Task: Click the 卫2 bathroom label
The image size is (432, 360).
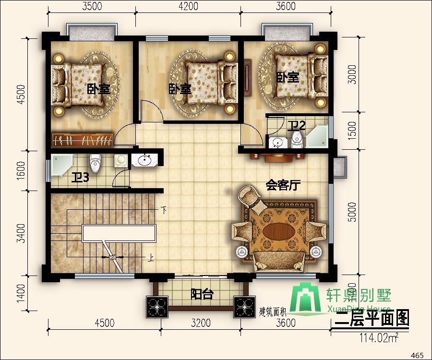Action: (297, 126)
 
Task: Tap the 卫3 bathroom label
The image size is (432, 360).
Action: (80, 178)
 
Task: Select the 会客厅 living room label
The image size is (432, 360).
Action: (283, 185)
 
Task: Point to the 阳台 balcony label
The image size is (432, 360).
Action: (202, 294)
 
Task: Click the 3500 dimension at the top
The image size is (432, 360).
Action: (91, 6)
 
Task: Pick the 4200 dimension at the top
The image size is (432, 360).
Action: (188, 6)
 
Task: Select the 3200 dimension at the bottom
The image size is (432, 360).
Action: (200, 323)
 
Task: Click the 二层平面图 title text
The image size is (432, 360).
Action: (372, 319)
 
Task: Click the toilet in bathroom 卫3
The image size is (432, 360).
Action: (96, 163)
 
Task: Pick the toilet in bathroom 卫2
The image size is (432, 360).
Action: (297, 139)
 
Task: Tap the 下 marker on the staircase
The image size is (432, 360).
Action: (164, 210)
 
